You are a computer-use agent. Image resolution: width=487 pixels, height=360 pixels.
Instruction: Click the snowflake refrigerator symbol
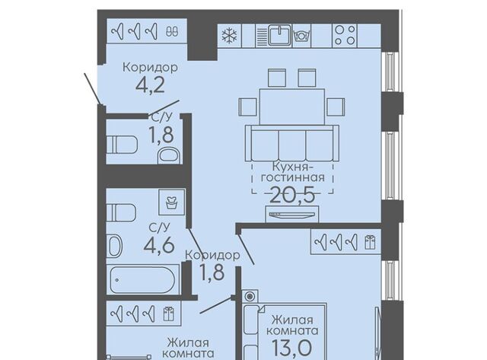229,36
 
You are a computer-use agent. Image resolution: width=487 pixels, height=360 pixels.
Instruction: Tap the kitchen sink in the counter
280,36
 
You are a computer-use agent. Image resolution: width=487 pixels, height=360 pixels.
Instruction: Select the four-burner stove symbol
345,36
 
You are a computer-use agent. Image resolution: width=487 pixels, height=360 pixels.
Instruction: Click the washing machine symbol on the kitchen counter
301,37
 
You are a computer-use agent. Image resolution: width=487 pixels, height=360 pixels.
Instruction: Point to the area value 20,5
293,196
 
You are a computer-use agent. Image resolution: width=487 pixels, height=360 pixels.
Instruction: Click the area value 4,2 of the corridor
151,84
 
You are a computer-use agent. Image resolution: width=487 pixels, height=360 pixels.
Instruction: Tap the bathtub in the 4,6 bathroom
143,279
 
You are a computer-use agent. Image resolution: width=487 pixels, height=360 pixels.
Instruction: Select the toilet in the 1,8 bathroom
122,144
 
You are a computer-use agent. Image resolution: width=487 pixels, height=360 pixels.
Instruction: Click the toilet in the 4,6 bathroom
121,212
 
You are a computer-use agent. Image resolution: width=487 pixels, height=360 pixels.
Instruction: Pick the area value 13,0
291,348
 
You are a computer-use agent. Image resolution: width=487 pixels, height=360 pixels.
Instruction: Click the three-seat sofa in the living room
292,143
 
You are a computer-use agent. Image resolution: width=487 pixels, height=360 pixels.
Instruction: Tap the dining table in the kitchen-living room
292,107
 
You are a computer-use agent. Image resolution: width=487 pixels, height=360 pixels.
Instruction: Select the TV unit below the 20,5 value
292,214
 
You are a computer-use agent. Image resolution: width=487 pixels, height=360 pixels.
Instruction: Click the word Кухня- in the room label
292,167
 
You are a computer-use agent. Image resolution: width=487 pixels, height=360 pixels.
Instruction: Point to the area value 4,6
159,245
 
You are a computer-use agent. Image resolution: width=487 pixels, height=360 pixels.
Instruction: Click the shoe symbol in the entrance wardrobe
172,31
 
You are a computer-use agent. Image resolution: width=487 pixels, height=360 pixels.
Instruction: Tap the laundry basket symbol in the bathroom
171,202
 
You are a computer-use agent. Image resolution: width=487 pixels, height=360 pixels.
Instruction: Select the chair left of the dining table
247,107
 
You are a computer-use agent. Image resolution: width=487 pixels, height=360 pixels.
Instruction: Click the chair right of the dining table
336,107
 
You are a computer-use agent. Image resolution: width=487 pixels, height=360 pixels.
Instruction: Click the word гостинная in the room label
293,177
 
